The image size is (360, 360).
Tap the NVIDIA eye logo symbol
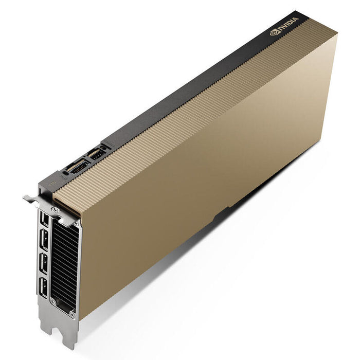click(274, 34)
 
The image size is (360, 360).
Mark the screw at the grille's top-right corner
click(77, 224)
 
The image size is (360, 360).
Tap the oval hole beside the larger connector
click(65, 173)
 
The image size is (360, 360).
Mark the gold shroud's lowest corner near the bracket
click(81, 318)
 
